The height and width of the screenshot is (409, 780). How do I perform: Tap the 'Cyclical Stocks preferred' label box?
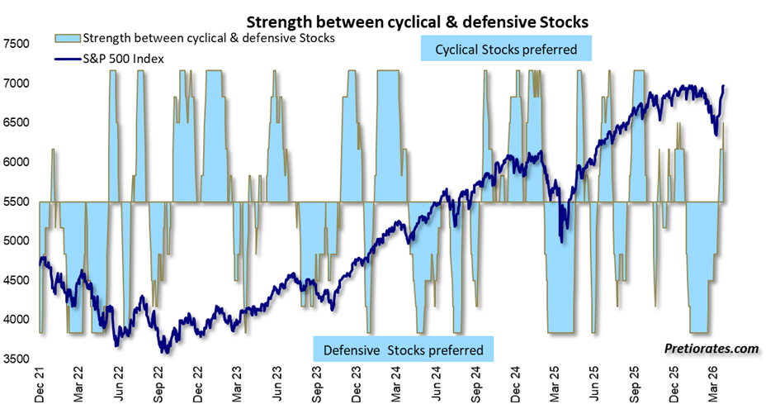[505, 50]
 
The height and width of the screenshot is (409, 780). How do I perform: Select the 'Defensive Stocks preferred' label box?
[403, 348]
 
